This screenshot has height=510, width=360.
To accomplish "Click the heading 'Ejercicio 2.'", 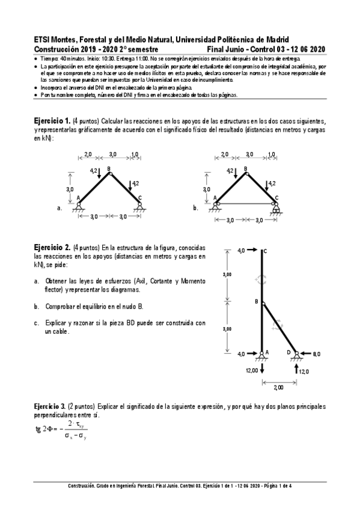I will pyautogui.click(x=52, y=247).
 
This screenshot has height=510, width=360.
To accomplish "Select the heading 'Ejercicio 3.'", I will pyautogui.click(x=50, y=407).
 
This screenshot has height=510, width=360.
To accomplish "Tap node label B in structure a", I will pyautogui.click(x=109, y=170).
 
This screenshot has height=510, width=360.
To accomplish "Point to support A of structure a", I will pyautogui.click(x=78, y=206).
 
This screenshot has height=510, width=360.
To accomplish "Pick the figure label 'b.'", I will pyautogui.click(x=196, y=208).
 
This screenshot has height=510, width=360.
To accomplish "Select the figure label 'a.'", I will pyautogui.click(x=59, y=208).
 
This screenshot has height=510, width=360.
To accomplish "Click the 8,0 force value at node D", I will pyautogui.click(x=316, y=354).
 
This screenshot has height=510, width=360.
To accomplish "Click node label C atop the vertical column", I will pyautogui.click(x=265, y=251).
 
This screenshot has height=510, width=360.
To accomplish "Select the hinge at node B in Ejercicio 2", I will pyautogui.click(x=261, y=302).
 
